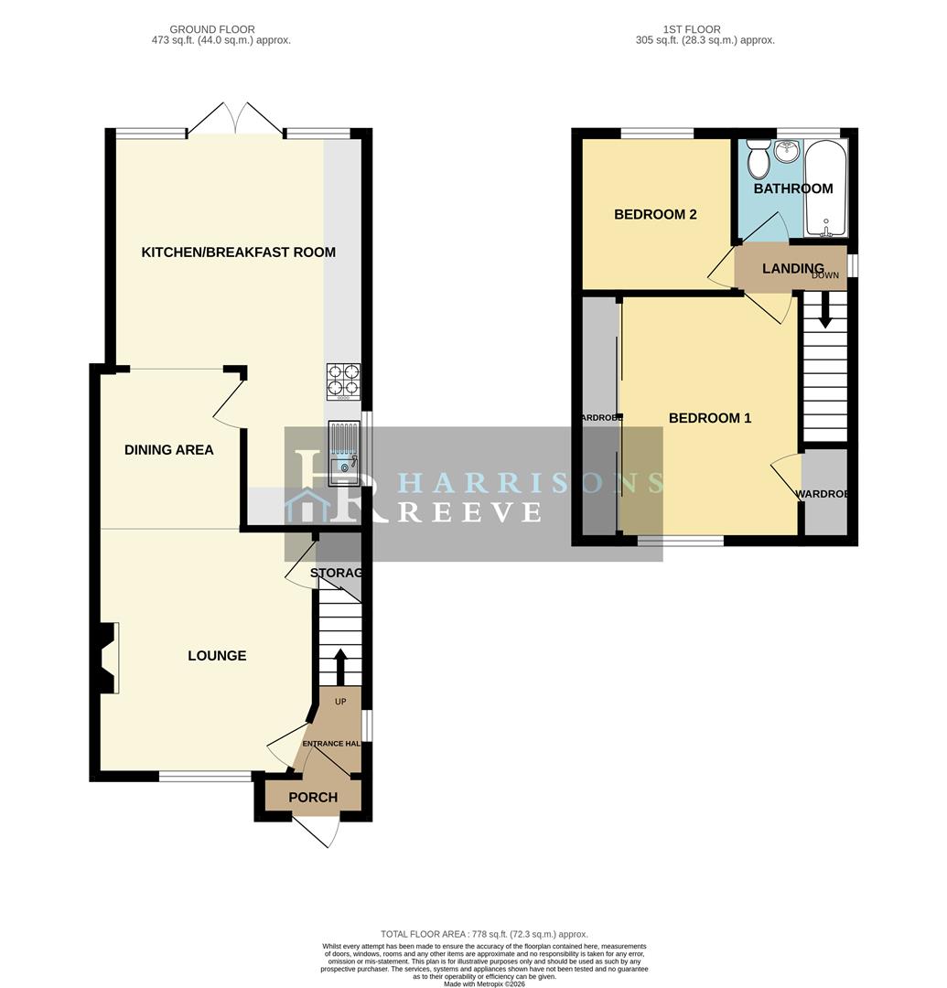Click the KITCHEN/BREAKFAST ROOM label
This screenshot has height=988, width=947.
pos(238,252)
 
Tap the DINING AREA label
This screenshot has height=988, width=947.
pos(169,450)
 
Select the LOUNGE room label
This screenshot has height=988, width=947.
pos(217,656)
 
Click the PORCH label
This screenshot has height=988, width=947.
pos(313,798)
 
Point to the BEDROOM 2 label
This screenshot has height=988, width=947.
pos(655,215)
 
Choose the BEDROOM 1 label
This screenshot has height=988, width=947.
pos(710,418)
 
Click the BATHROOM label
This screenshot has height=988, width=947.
pos(792,189)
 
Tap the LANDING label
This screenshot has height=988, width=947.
pos(792,269)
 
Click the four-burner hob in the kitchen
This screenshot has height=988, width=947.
pos(344,381)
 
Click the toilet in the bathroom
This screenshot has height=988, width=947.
pos(758,161)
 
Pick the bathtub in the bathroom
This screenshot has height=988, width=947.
pos(825,188)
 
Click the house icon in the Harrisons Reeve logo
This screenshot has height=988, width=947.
pos(307,506)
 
